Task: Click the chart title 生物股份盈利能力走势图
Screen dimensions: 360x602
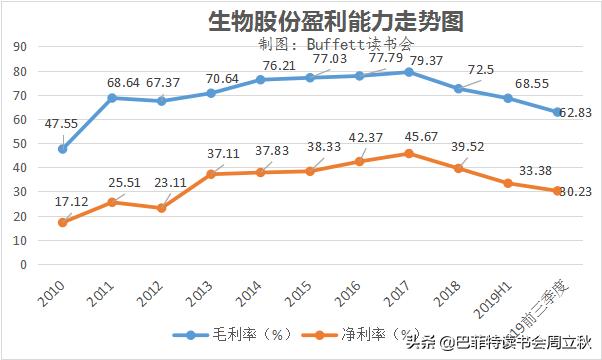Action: pyautogui.click(x=299, y=19)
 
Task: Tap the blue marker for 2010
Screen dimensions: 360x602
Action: pyautogui.click(x=63, y=149)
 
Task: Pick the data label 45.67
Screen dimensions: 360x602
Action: pyautogui.click(x=422, y=136)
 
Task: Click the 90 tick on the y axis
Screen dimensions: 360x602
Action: pyautogui.click(x=19, y=46)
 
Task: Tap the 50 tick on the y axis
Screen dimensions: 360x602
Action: pyautogui.click(x=19, y=143)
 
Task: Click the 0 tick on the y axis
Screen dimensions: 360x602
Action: pyautogui.click(x=22, y=265)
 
